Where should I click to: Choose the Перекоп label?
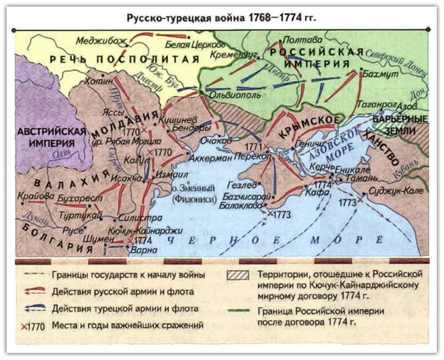[253, 157]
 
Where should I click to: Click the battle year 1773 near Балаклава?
[282, 214]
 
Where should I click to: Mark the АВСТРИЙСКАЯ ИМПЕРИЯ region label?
[52, 137]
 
